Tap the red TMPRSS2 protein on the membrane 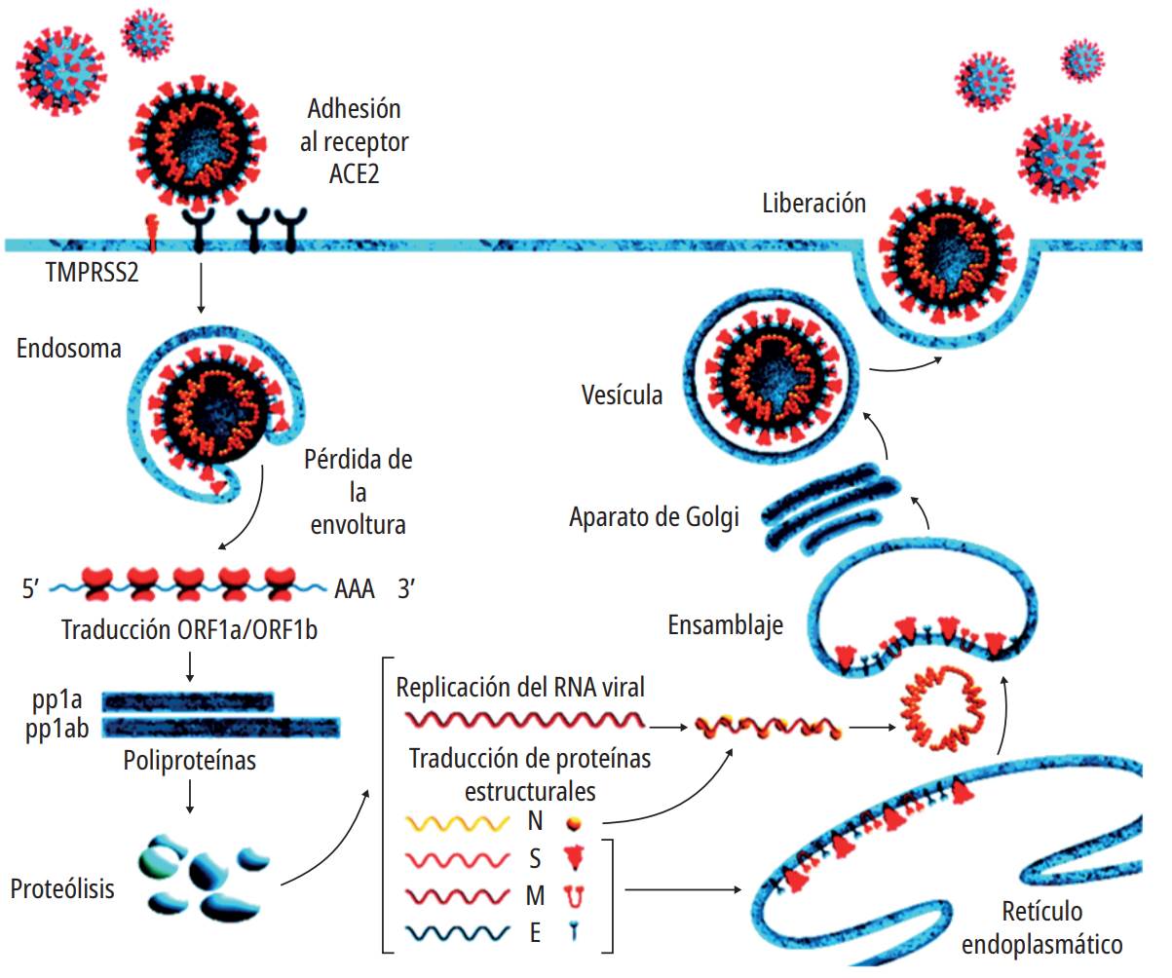[152, 230]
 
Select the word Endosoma [68, 348]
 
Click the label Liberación [813, 204]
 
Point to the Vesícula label [622, 395]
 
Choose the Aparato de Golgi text [654, 517]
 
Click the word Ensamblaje [726, 624]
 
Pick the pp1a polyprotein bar [188, 701]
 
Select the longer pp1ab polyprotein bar [221, 728]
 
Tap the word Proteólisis [62, 888]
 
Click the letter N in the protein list [535, 821]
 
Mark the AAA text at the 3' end [354, 589]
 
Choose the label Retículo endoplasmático [1040, 927]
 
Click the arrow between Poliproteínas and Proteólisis [190, 795]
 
